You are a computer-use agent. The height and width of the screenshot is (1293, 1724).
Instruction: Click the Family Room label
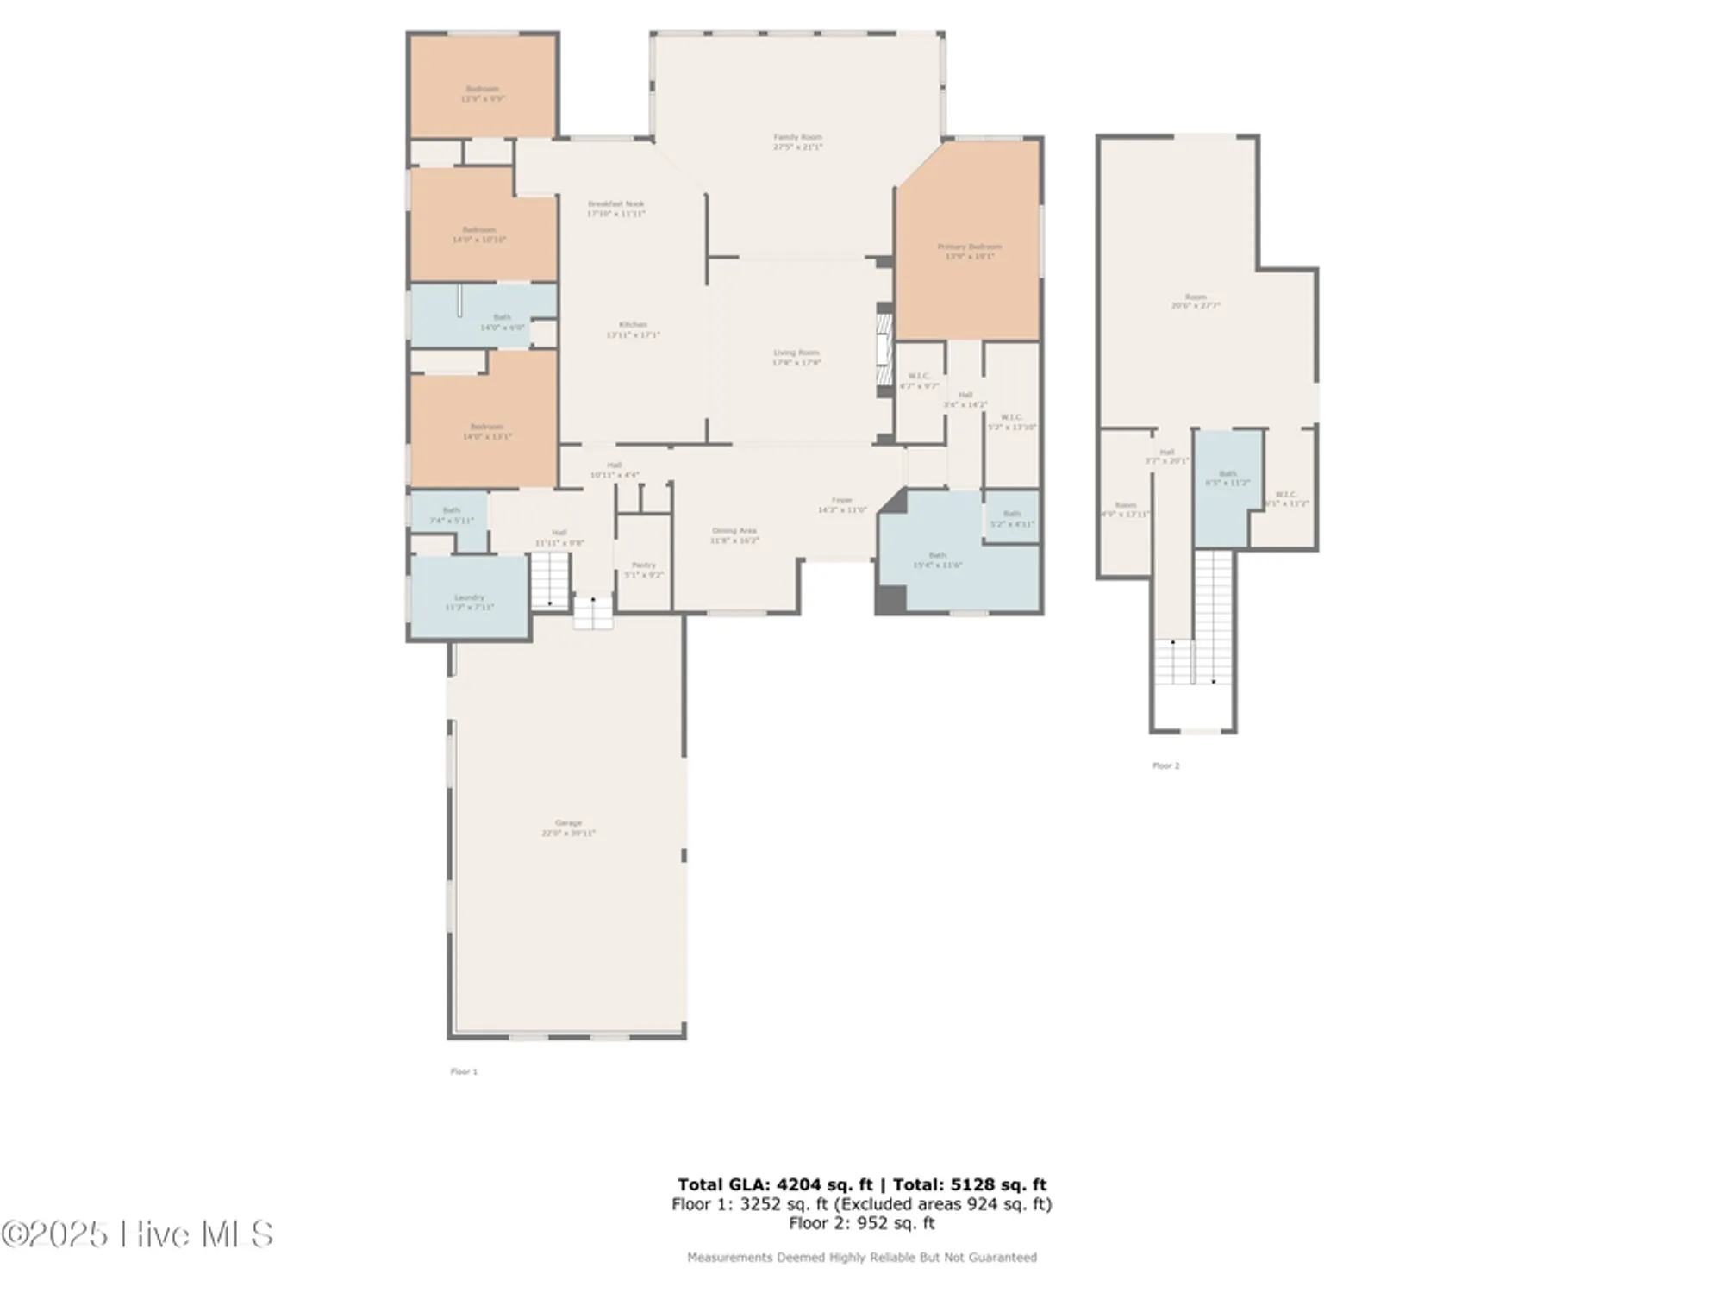pos(797,137)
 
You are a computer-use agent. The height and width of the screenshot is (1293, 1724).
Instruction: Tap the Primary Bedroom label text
pos(969,247)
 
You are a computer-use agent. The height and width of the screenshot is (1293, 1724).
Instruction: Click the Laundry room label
pos(469,597)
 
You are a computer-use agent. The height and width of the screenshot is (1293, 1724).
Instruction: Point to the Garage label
pos(568,823)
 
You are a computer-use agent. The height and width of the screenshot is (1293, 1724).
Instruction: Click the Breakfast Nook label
pos(615,204)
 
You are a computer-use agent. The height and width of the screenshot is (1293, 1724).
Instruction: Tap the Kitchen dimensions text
pos(633,335)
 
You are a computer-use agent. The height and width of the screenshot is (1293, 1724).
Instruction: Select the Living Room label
pos(796,353)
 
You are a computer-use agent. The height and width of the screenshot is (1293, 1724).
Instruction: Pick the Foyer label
pos(841,500)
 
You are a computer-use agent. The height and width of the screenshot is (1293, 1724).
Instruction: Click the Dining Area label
pos(734,531)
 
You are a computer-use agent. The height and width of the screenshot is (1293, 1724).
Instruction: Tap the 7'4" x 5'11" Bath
pos(451,515)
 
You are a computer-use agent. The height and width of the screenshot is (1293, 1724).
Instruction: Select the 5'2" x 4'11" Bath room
pos(1011,518)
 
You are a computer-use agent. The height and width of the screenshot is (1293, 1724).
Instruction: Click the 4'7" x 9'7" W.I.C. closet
pos(919,380)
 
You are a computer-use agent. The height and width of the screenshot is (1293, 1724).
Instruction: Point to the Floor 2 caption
pos(1165,765)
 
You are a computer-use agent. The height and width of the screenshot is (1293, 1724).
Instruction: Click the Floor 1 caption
pos(464,1071)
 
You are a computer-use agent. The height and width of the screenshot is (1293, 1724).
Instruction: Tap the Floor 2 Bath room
pos(1227,478)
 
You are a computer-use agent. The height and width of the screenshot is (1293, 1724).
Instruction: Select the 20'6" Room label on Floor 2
pos(1195,297)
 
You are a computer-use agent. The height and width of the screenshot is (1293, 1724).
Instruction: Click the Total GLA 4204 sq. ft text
pos(775,1184)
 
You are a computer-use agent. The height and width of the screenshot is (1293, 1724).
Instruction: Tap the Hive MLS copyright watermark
pos(138,1234)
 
